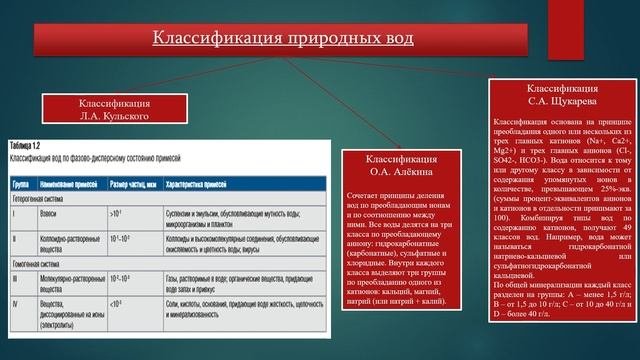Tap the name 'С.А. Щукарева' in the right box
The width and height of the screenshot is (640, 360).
point(561,101)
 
